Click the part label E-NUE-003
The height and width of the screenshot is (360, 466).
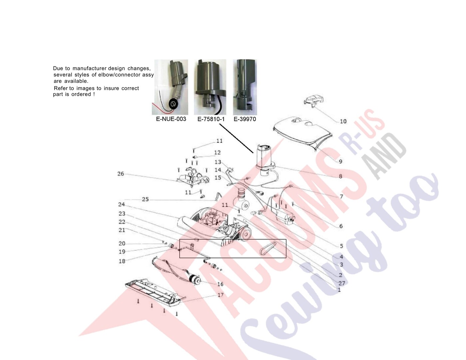171,119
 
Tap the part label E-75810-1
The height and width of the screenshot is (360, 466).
211,119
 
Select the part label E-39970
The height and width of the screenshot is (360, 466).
245,119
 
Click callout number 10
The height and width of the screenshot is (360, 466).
343,121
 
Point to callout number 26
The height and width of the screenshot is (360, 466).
121,174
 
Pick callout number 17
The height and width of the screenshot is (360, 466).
220,295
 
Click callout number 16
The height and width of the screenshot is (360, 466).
220,284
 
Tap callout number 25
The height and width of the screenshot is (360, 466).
145,199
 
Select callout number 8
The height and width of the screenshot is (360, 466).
341,176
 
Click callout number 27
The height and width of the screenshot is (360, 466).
342,283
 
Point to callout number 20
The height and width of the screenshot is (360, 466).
122,244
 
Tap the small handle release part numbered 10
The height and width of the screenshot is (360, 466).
314,99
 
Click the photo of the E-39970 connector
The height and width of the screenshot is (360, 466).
245,87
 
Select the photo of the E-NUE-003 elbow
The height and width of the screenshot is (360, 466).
170,87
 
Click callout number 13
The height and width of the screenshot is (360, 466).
218,162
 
